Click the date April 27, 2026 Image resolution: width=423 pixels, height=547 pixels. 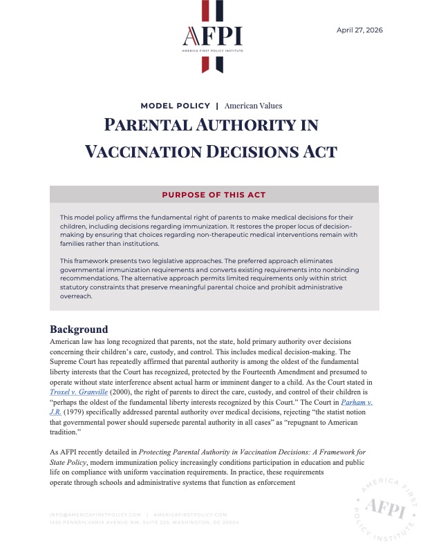359,30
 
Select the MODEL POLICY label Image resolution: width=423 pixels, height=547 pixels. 175,106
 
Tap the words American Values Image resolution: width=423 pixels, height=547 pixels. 253,106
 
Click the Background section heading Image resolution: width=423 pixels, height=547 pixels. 79,329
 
